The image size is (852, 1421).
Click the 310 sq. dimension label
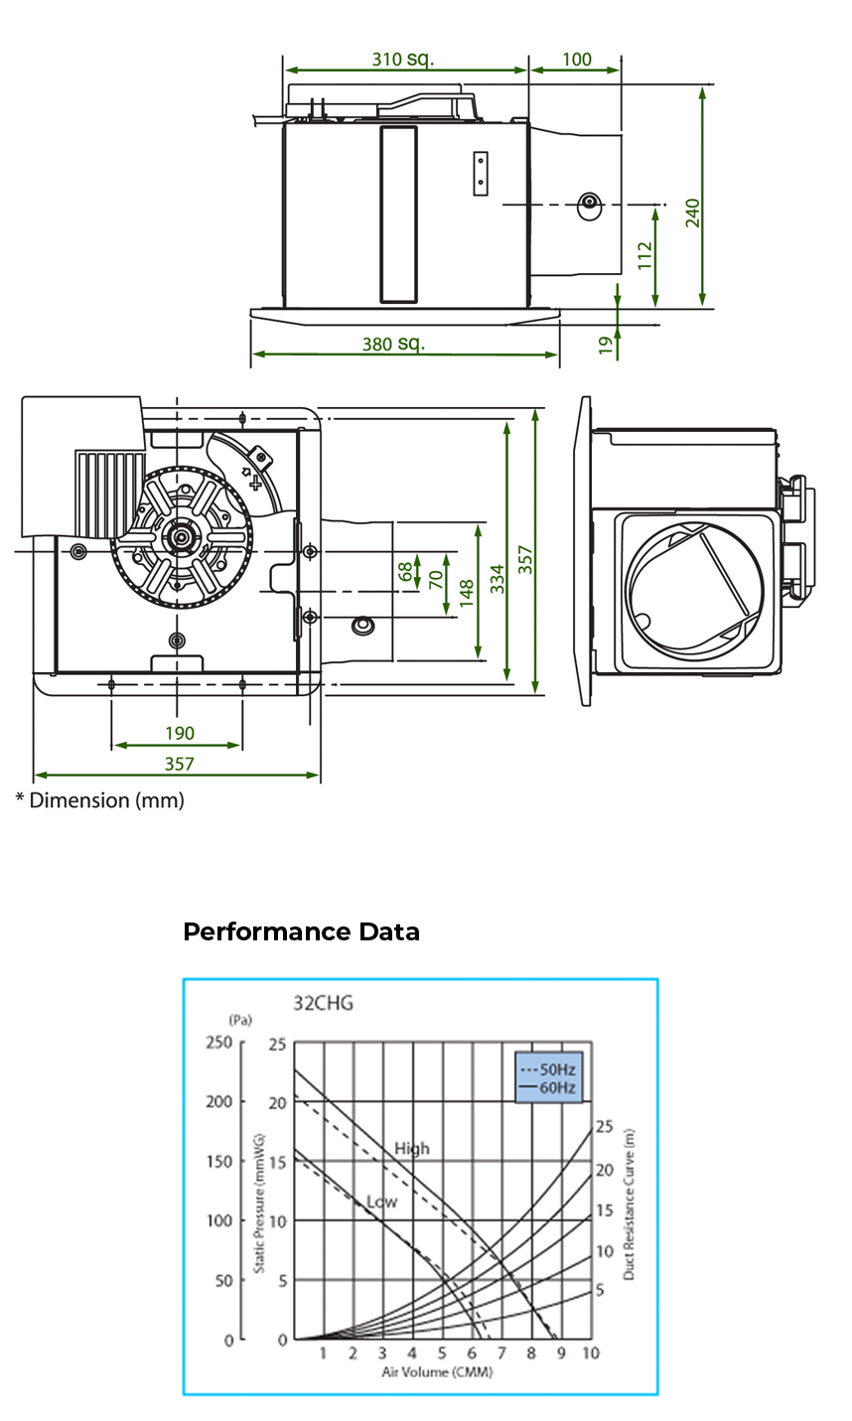point(403,59)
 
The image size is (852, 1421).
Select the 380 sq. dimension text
point(393,344)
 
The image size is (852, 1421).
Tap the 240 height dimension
point(693,213)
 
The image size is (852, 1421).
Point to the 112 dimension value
point(644,255)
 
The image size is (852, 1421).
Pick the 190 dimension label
point(179,733)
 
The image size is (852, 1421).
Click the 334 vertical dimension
point(497,578)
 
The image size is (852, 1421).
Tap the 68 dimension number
point(405,571)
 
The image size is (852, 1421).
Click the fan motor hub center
point(181,537)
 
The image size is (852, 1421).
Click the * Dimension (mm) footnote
point(99,800)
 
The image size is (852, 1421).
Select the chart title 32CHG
point(323,1003)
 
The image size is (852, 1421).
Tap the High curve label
point(412,1148)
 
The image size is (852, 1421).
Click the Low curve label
point(382,1202)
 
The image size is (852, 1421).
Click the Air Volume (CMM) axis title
point(437,1372)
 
